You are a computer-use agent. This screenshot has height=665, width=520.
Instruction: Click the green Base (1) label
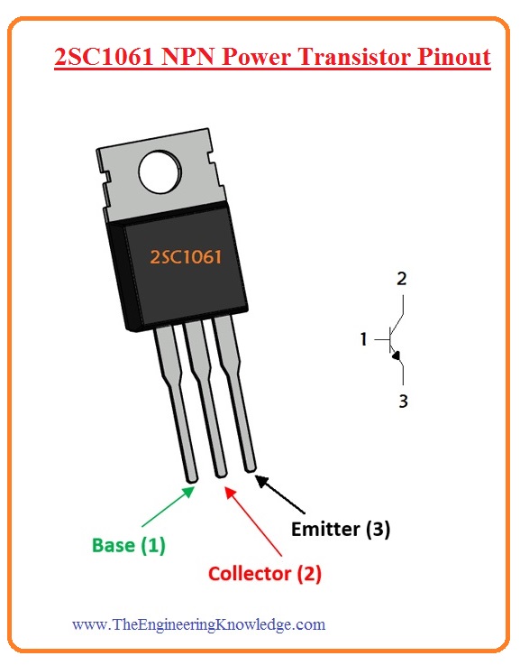[129, 546]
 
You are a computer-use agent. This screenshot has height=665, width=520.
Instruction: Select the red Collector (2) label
[265, 573]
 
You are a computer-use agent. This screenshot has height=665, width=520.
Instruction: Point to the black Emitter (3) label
[341, 530]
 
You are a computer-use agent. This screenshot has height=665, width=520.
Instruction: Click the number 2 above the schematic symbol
[402, 279]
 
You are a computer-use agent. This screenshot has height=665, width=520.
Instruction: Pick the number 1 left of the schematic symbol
[364, 339]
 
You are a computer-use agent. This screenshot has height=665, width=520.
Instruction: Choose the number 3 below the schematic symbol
[403, 401]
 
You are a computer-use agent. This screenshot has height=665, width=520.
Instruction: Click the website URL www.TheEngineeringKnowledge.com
[198, 623]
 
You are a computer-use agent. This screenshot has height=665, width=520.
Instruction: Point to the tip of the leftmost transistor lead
[191, 476]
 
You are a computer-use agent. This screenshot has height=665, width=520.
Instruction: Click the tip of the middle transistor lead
[220, 470]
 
